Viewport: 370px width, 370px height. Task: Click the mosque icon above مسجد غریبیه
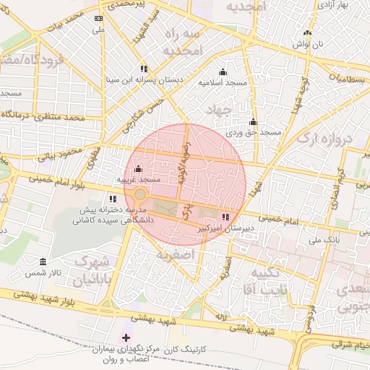[x=138, y=170]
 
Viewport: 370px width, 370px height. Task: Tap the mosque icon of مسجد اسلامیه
[x=223, y=72]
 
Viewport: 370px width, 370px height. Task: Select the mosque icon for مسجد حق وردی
[x=253, y=121]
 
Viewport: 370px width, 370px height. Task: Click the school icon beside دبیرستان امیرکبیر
[x=226, y=216]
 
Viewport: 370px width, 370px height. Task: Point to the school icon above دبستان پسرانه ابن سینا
[x=145, y=68]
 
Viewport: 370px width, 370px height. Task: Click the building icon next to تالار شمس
[x=43, y=261]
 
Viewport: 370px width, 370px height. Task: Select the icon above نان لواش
[x=308, y=33]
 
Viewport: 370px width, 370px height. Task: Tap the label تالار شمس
[x=65, y=272]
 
